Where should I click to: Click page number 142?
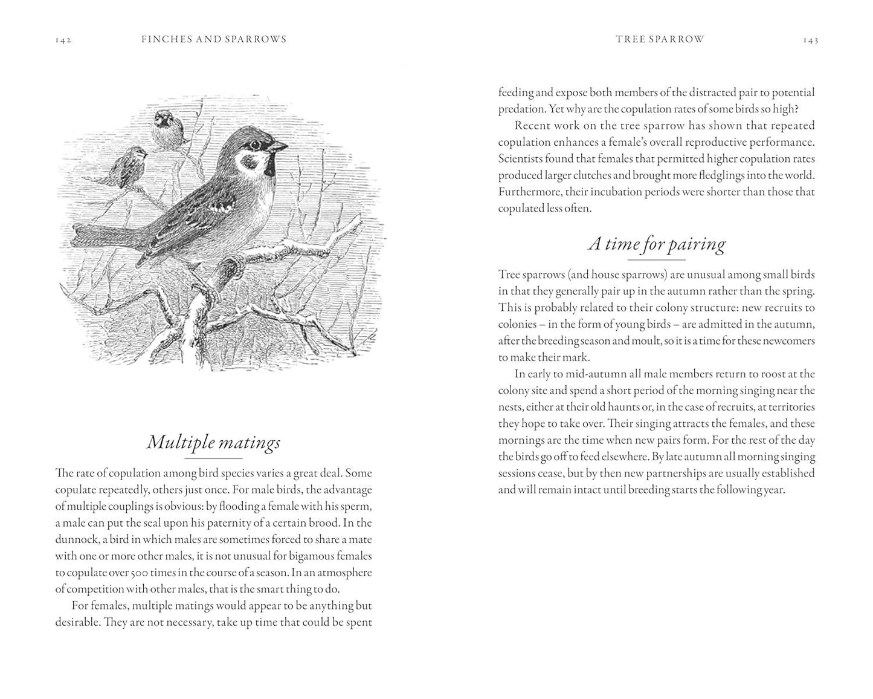click(x=63, y=40)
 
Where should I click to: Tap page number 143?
click(x=810, y=40)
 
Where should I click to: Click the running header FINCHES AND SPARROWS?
click(x=214, y=39)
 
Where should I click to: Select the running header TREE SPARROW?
click(x=660, y=39)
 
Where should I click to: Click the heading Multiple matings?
click(x=214, y=443)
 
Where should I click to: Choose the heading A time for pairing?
click(x=657, y=244)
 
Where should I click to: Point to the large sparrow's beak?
click(x=279, y=146)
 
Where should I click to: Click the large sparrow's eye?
click(x=256, y=145)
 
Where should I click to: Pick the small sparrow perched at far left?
click(x=128, y=167)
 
